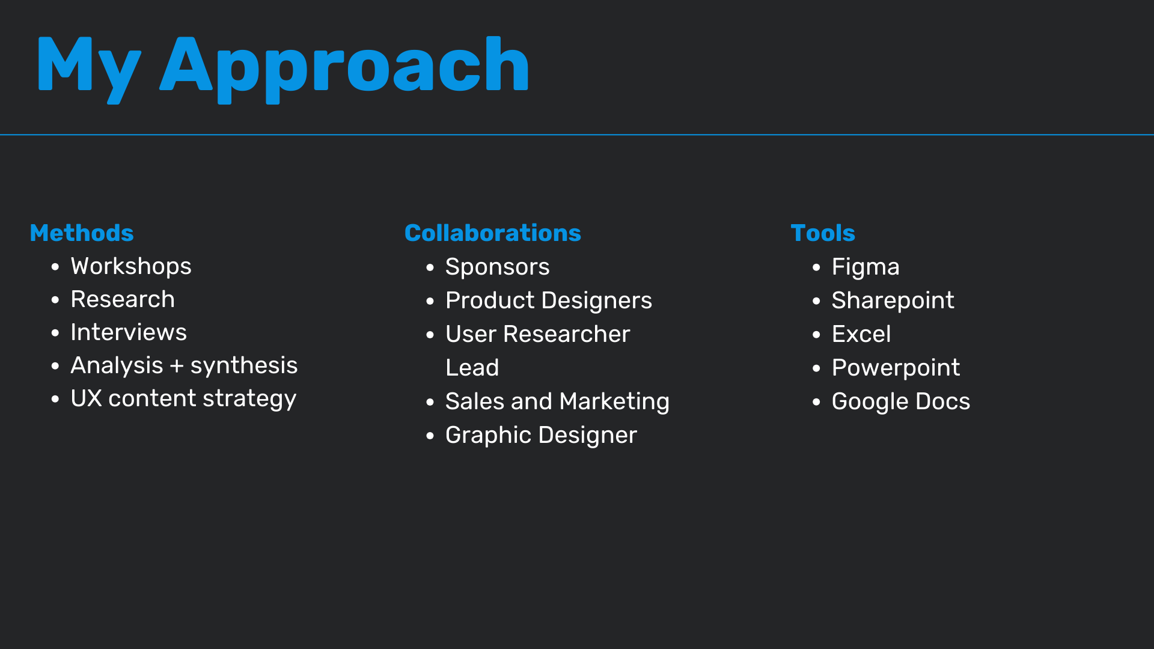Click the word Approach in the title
(344, 67)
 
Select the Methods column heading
(82, 233)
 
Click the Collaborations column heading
(493, 233)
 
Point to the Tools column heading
(823, 233)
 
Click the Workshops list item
(131, 266)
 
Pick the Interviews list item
(129, 332)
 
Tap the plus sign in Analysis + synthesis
(177, 366)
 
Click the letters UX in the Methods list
(87, 398)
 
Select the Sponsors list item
(497, 267)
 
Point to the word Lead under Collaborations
(472, 368)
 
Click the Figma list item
(865, 267)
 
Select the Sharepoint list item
(893, 300)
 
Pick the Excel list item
(861, 334)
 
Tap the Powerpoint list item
(896, 368)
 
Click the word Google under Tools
(870, 401)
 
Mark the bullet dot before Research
(55, 300)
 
